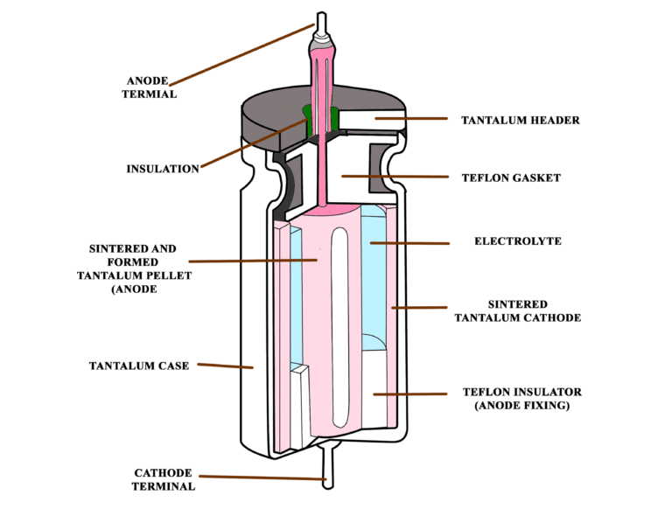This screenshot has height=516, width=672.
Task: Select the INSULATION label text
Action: click(x=163, y=169)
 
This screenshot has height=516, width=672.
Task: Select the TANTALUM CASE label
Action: click(x=138, y=366)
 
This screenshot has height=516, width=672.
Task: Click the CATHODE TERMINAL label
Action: click(x=164, y=479)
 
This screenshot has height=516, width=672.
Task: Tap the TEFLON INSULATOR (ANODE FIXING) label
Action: click(x=521, y=399)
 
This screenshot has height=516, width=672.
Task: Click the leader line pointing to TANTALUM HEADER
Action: click(x=411, y=118)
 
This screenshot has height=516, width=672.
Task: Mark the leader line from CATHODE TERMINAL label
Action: click(x=262, y=478)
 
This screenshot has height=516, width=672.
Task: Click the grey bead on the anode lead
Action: click(x=321, y=40)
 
